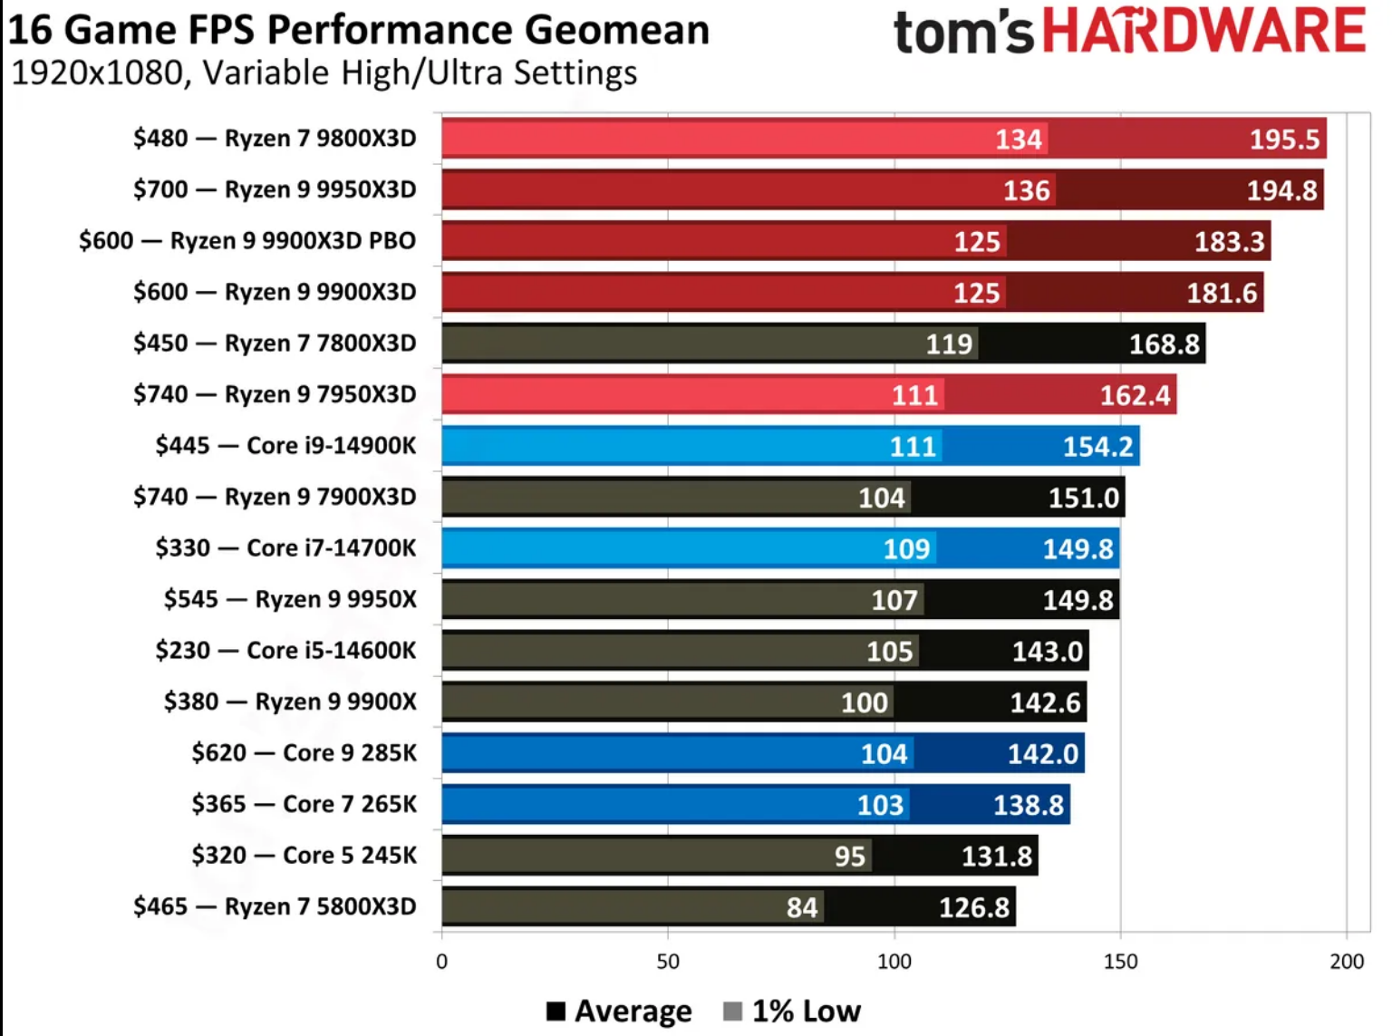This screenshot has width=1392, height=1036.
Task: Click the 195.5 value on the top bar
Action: click(1284, 139)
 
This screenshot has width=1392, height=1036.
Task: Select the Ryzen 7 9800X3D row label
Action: click(320, 138)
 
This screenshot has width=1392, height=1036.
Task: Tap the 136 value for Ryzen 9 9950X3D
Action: click(1026, 190)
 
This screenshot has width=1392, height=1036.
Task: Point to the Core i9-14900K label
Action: click(332, 445)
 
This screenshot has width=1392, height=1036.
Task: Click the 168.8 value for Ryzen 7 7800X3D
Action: click(1164, 344)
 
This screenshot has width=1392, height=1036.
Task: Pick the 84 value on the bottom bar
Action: click(802, 907)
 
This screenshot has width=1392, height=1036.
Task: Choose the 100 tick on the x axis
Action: click(894, 962)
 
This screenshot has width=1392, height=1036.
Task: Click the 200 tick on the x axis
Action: click(1346, 962)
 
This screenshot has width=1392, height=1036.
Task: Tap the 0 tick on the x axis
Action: click(442, 962)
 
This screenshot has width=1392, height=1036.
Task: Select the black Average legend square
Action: click(556, 1011)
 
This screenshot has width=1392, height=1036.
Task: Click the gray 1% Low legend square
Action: click(733, 1011)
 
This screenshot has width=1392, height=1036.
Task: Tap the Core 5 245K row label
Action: click(350, 855)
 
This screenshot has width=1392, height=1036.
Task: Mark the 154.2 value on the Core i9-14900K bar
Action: click(1097, 447)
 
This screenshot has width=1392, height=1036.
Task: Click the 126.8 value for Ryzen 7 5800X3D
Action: click(973, 907)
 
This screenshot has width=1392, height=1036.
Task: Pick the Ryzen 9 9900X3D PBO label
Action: click(293, 240)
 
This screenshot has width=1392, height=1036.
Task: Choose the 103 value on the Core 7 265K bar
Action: click(880, 805)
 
